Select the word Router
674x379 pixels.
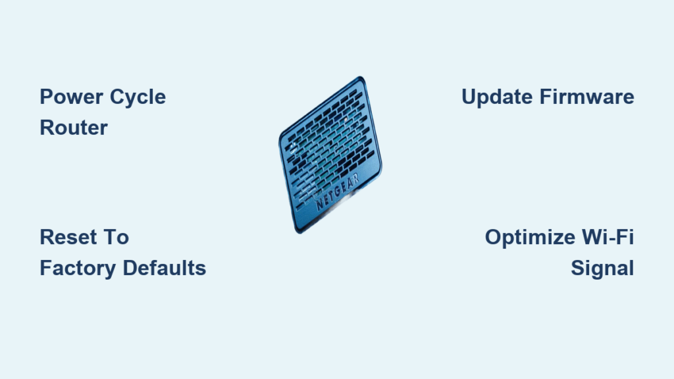74,128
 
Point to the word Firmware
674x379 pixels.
586,97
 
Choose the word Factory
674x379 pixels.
78,269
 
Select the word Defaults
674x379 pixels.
165,268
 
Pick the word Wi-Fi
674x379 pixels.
608,237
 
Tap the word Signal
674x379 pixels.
602,269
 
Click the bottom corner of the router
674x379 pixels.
299,232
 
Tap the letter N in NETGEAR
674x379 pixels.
319,204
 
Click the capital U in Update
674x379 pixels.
469,97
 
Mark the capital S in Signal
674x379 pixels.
578,268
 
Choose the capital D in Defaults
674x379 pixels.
131,268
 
